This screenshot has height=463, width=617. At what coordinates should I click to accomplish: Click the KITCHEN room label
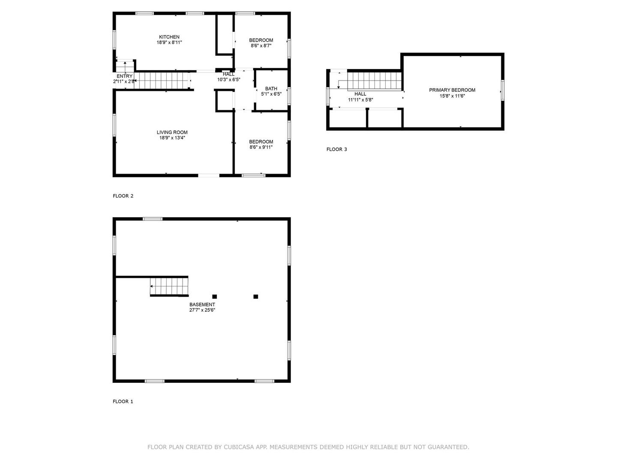click(169, 37)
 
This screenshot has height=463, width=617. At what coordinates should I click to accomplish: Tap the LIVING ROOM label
click(172, 132)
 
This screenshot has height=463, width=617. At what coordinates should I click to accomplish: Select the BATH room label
click(271, 89)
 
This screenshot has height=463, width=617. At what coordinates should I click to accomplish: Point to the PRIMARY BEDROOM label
click(452, 90)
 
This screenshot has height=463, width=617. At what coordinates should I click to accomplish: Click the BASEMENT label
click(202, 304)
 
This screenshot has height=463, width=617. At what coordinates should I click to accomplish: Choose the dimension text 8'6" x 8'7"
click(261, 45)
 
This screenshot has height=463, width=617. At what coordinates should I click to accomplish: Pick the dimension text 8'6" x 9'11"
click(261, 147)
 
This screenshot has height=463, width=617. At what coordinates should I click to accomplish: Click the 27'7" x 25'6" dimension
click(202, 310)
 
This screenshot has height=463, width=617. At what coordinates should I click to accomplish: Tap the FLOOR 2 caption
click(123, 196)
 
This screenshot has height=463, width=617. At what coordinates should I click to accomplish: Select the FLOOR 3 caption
click(336, 149)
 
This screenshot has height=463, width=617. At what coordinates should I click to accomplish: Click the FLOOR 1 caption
click(123, 401)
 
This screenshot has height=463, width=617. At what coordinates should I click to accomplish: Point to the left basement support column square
click(215, 297)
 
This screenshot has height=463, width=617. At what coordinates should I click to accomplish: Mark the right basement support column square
click(255, 297)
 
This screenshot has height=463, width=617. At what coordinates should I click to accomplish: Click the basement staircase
click(169, 286)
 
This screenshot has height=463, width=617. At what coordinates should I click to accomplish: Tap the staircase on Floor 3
click(374, 81)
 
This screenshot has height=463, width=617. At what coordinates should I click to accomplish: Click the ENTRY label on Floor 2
click(124, 76)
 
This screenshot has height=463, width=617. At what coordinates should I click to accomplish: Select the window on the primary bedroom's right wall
click(502, 90)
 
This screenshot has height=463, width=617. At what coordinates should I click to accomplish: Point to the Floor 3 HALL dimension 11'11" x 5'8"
click(360, 99)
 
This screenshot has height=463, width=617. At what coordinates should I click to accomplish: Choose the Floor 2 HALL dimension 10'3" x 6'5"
click(228, 80)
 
